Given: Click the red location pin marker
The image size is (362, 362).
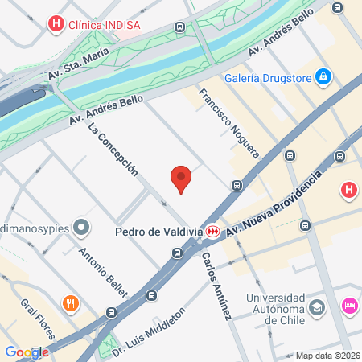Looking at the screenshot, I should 182,179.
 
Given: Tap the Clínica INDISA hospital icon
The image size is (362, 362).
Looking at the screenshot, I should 55,24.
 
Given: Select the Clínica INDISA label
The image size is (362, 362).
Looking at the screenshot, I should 104,24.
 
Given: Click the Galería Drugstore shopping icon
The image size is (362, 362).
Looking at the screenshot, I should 323,76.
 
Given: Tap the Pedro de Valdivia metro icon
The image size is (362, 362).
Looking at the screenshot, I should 212,231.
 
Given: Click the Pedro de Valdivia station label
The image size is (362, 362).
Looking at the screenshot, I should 158,232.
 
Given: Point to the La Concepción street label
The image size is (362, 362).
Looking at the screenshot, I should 113,150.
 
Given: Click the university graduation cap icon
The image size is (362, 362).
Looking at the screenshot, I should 318,306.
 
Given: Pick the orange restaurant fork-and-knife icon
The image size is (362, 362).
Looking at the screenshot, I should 71,303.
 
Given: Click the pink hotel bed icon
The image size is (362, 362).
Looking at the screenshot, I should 349,305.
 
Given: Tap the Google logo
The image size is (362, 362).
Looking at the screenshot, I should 27,352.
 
